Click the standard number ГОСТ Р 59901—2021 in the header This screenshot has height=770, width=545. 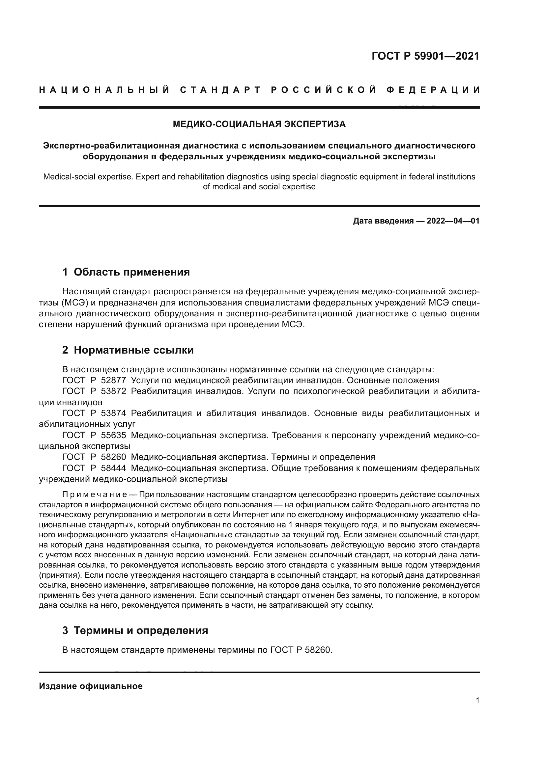425,56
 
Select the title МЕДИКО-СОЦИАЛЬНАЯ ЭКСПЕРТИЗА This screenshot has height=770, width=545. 259,124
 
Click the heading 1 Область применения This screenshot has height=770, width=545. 126,272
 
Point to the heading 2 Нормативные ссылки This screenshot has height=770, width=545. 128,350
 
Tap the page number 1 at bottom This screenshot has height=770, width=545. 477,701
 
